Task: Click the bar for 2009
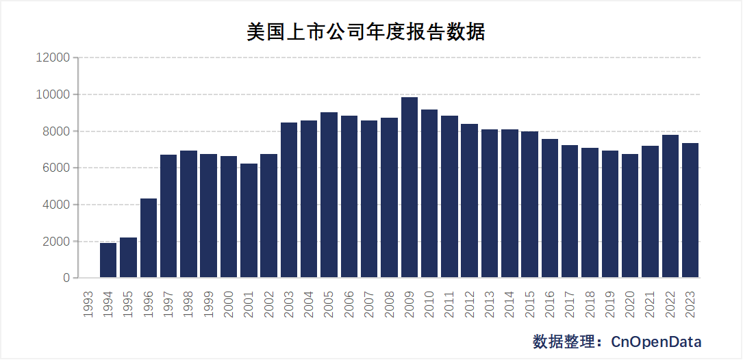click(x=410, y=188)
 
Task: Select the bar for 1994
click(x=108, y=260)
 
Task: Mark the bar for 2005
click(x=329, y=195)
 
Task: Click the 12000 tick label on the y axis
click(x=53, y=57)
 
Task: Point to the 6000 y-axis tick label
click(x=56, y=168)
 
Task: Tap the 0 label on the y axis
click(x=66, y=278)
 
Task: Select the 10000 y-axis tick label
click(x=53, y=94)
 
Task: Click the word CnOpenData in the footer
click(x=656, y=342)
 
